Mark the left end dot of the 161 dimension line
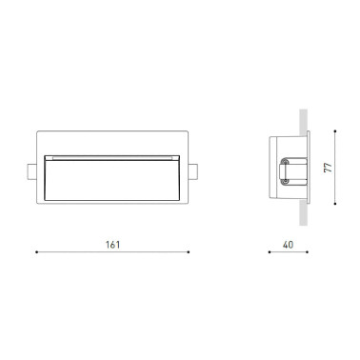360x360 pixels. (36, 252)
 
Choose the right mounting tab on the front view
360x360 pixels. (194, 170)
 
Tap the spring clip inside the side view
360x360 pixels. (285, 170)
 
